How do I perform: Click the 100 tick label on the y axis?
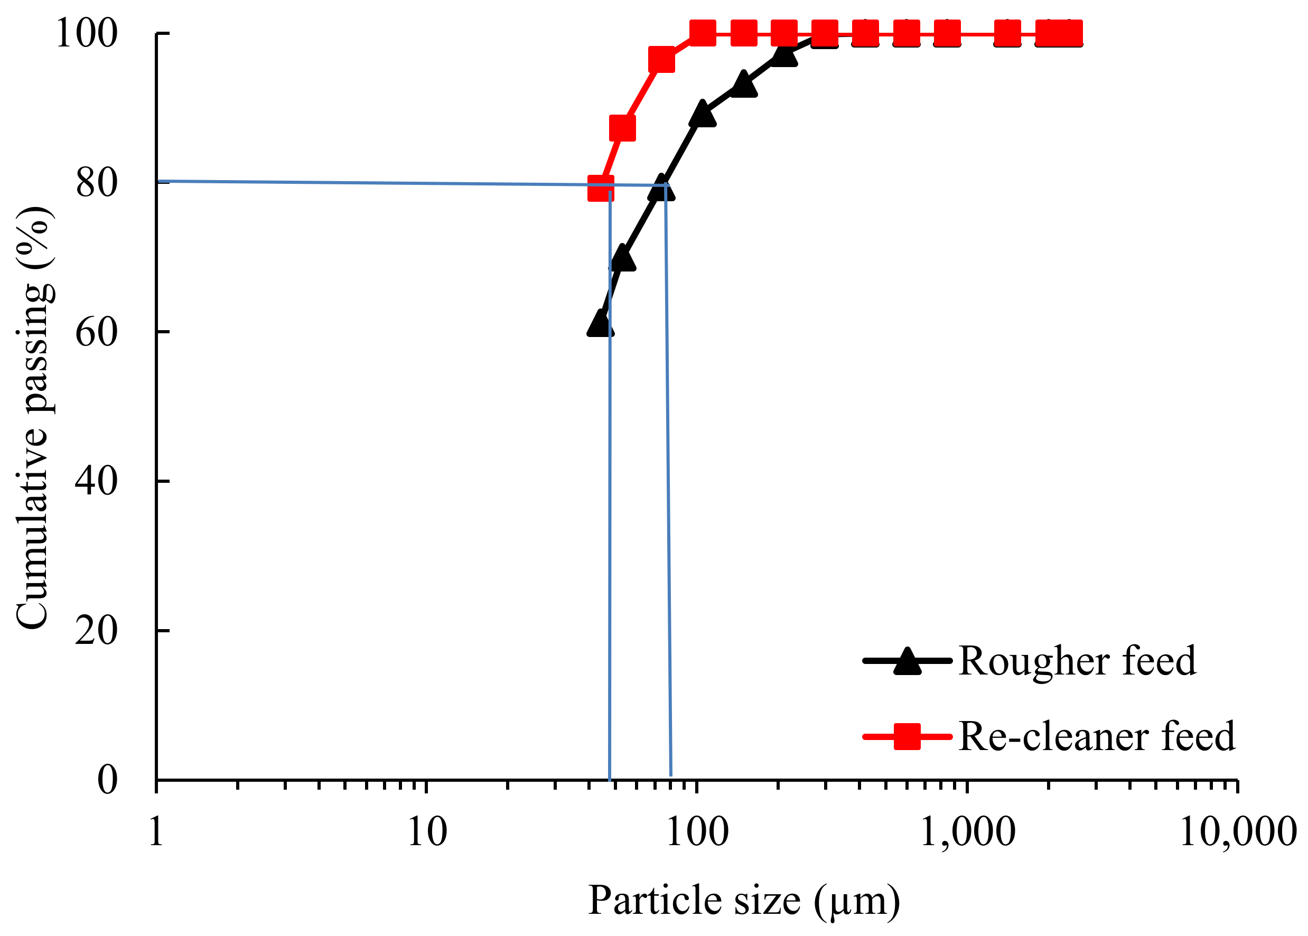[x=87, y=33]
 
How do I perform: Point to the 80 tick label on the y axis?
[x=96, y=183]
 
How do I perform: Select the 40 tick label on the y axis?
[x=96, y=481]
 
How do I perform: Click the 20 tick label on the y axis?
[x=96, y=631]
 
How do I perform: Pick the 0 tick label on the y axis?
[x=107, y=780]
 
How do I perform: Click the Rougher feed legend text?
[x=1077, y=661]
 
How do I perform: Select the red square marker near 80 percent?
[x=600, y=189]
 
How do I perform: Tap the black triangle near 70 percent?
[x=622, y=259]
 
